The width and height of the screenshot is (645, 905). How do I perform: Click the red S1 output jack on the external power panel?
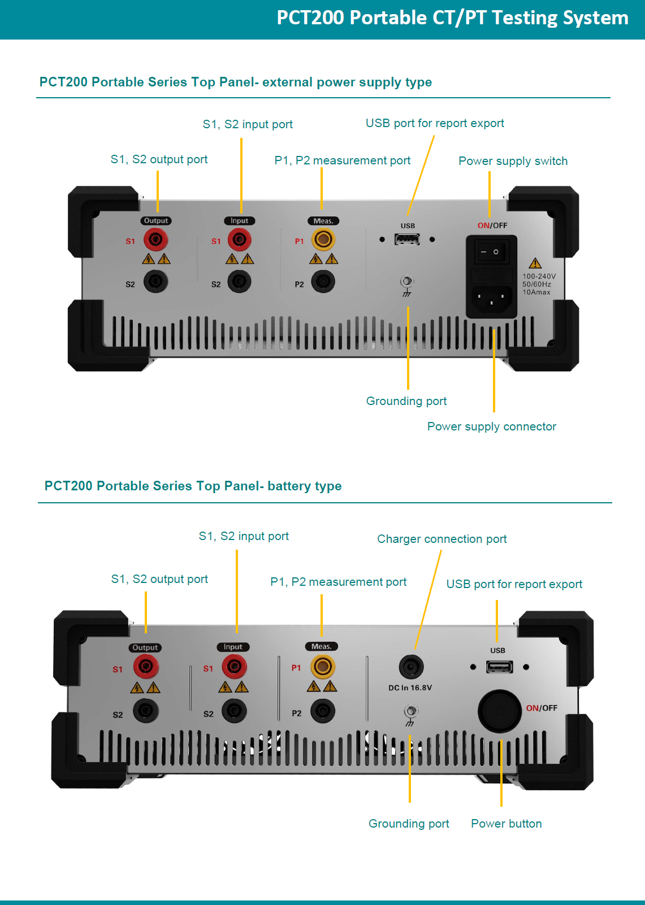coord(155,240)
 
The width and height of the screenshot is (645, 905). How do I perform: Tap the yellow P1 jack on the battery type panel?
coord(322,667)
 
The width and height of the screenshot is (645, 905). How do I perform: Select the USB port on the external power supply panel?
coord(407,240)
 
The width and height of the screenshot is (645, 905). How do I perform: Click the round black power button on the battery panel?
coord(500,711)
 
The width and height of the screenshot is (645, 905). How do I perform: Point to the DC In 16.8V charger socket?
coord(411,667)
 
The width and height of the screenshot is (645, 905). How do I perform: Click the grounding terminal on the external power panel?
coord(407,281)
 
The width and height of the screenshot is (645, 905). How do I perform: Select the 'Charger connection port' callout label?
coord(441,539)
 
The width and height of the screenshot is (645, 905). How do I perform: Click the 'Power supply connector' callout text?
coord(491,427)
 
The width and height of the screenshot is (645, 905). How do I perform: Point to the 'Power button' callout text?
coord(506,824)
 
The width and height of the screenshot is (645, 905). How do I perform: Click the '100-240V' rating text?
coord(539,276)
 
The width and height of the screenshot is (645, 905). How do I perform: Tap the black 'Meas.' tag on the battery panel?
coord(321,646)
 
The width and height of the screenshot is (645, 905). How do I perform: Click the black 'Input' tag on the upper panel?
coord(239,221)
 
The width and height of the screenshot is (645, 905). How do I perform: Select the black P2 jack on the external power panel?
coord(323,281)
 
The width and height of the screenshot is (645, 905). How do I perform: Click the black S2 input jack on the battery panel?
coord(234,711)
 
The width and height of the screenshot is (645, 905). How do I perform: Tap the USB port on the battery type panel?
coord(499,667)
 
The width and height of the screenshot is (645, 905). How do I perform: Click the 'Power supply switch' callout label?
coord(513,161)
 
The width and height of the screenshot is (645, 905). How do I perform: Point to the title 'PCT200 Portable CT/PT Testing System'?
coord(452,18)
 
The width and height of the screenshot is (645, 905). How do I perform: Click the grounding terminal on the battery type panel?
coord(411,711)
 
